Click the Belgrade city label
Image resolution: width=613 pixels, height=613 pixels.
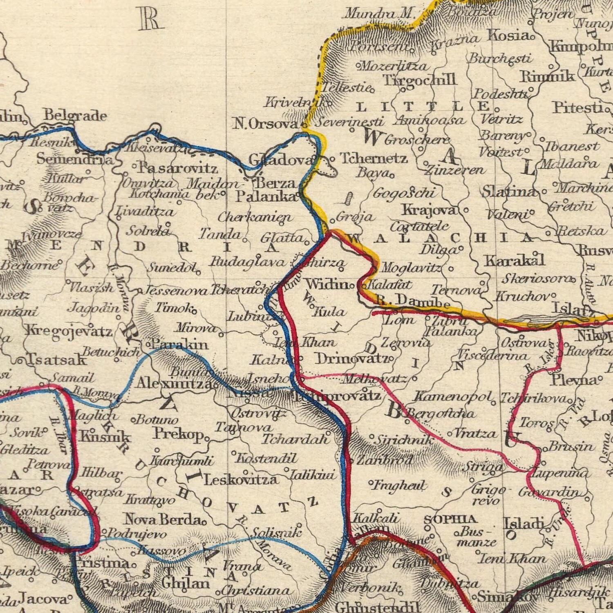tap(75, 116)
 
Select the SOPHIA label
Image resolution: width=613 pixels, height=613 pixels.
tap(450, 519)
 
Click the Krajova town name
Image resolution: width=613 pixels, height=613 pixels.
tap(429, 210)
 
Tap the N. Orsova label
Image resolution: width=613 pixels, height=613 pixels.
tap(266, 123)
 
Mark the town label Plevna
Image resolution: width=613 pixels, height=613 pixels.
tap(573, 380)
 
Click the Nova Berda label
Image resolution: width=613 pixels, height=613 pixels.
tap(162, 520)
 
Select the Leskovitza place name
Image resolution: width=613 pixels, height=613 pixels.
tap(241, 479)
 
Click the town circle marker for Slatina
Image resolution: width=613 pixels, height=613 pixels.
tap(544, 191)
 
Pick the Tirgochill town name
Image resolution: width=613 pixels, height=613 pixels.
tap(419, 79)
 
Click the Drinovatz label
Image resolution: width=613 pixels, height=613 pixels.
tap(351, 358)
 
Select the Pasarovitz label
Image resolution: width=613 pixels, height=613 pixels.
tap(177, 168)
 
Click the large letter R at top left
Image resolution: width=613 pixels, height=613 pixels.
tap(150, 19)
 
